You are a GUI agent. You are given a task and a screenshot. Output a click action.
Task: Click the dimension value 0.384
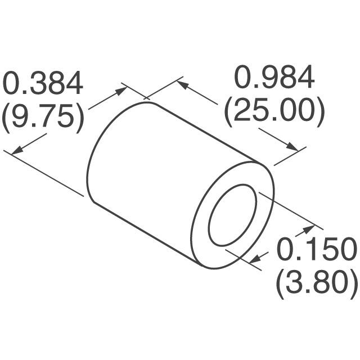(44, 84)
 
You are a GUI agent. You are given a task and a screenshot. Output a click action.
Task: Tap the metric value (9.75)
(43, 117)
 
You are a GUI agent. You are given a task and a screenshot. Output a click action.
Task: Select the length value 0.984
(274, 79)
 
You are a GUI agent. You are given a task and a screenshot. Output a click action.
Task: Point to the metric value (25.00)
(274, 112)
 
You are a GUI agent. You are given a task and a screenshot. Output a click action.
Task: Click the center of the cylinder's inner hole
(232, 215)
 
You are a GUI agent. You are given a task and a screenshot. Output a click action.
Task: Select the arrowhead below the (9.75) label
(17, 150)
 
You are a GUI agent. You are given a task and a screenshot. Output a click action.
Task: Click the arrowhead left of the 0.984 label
(182, 85)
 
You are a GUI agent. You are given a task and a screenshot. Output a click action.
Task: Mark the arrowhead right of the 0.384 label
(121, 90)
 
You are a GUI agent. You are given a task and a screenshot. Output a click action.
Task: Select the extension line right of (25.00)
(290, 157)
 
